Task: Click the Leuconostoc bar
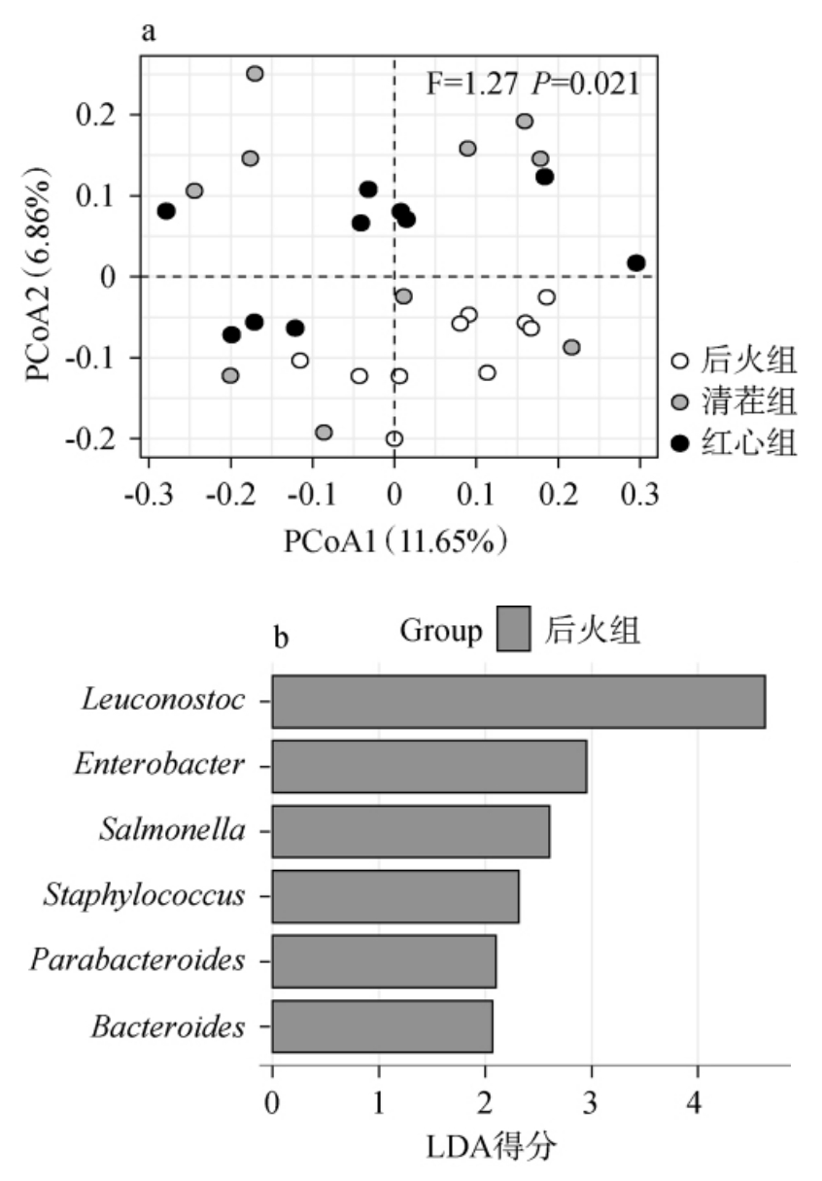[x=518, y=701]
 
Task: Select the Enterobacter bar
[x=428, y=766]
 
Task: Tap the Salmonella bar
[x=410, y=831]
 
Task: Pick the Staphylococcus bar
[x=394, y=896]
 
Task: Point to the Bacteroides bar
[x=382, y=1026]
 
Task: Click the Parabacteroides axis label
[x=137, y=961]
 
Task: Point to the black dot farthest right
[x=636, y=263]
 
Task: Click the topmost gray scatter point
[x=255, y=74]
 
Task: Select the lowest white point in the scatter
[x=394, y=439]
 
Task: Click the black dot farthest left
[x=166, y=211]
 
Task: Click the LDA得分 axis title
[x=492, y=1148]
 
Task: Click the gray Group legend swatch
[x=514, y=631]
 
